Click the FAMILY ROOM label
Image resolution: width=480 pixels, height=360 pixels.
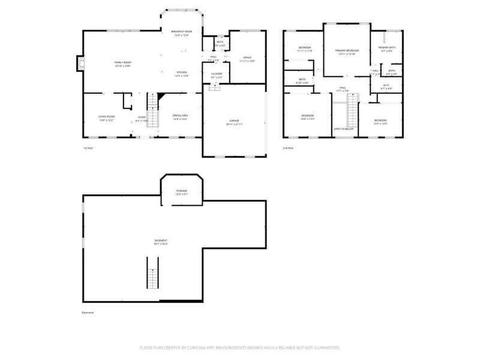pyautogui.click(x=123, y=62)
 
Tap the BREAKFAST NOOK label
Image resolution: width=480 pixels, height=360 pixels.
pyautogui.click(x=181, y=31)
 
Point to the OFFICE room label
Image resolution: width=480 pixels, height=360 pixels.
pyautogui.click(x=247, y=58)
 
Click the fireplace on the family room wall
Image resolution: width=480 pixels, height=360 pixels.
pyautogui.click(x=79, y=63)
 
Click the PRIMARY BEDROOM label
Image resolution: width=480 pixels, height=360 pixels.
pyautogui.click(x=347, y=50)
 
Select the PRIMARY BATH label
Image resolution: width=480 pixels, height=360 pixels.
pyautogui.click(x=386, y=47)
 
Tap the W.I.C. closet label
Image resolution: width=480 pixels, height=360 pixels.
pyautogui.click(x=388, y=85)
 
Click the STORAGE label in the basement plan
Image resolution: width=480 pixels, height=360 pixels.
pyautogui.click(x=181, y=191)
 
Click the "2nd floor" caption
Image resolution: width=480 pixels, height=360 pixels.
pyautogui.click(x=288, y=148)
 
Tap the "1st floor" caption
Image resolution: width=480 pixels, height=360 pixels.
pyautogui.click(x=88, y=148)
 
